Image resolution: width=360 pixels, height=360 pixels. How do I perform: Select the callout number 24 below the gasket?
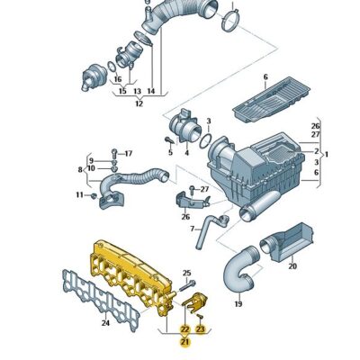(x=106, y=322)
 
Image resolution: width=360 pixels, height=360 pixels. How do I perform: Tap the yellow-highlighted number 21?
(x=184, y=342)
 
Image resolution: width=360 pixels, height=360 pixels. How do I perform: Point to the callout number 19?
(x=238, y=304)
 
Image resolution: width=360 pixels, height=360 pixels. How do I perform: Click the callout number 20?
(x=292, y=266)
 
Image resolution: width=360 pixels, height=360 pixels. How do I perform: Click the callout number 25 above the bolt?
(x=186, y=272)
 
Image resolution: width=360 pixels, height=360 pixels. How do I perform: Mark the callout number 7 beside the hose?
(x=192, y=229)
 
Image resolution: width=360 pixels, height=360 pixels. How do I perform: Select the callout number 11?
(x=78, y=194)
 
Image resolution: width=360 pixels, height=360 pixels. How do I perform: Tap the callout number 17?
(x=128, y=153)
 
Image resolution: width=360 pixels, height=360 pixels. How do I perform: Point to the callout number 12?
(x=139, y=103)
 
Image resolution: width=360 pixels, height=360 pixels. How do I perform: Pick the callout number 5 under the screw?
(x=168, y=152)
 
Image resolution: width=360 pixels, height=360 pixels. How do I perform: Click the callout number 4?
(x=187, y=152)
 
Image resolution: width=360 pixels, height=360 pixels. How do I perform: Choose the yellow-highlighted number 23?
(x=201, y=330)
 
